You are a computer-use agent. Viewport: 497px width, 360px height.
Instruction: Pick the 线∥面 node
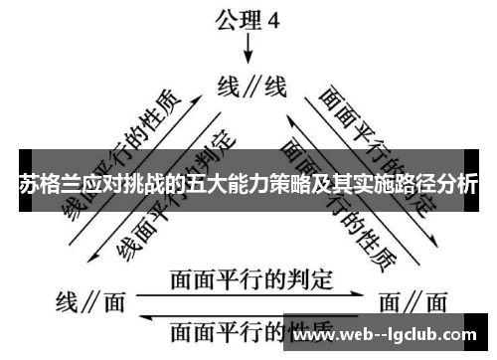click(89, 299)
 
